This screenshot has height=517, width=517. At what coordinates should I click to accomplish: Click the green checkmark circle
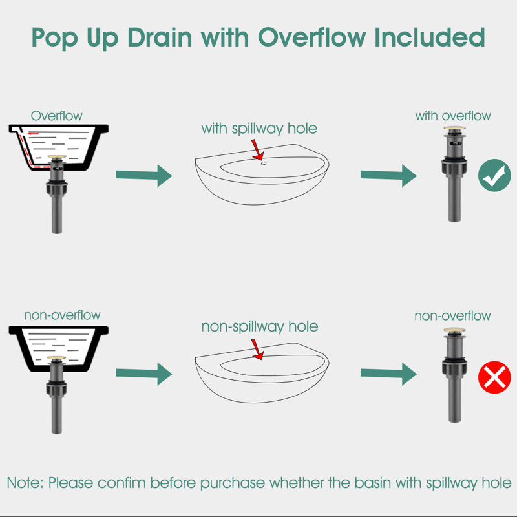[x=494, y=175]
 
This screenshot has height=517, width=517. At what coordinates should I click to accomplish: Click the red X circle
[x=494, y=377]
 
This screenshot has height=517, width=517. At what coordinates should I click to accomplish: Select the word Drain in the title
[x=160, y=37]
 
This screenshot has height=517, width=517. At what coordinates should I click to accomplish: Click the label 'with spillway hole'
[x=259, y=129]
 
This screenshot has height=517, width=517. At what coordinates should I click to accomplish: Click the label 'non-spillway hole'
[x=260, y=327]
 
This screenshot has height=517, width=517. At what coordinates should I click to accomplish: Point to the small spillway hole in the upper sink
[x=264, y=164]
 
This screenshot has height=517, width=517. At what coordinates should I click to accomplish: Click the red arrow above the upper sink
[x=257, y=150]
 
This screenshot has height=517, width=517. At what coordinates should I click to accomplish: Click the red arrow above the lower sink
[x=257, y=349]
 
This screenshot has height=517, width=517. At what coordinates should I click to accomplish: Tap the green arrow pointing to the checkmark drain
[x=388, y=176]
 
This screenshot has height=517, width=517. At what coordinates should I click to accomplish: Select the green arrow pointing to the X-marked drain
[x=388, y=374]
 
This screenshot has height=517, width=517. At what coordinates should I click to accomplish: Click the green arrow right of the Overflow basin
[x=143, y=176]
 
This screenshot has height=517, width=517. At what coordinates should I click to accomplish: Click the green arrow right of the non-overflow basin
[x=143, y=374]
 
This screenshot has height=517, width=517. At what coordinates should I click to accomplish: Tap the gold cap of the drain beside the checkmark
[x=454, y=128]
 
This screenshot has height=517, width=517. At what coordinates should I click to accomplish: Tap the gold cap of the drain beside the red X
[x=454, y=330]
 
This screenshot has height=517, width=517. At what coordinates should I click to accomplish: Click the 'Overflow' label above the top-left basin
[x=57, y=116]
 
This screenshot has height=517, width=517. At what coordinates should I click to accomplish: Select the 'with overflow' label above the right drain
[x=453, y=116]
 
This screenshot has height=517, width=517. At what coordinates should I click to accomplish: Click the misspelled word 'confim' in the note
[x=121, y=483]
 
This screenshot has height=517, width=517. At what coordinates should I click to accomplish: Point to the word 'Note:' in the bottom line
[x=25, y=483]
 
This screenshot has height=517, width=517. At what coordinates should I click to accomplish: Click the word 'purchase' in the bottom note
[x=233, y=483]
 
